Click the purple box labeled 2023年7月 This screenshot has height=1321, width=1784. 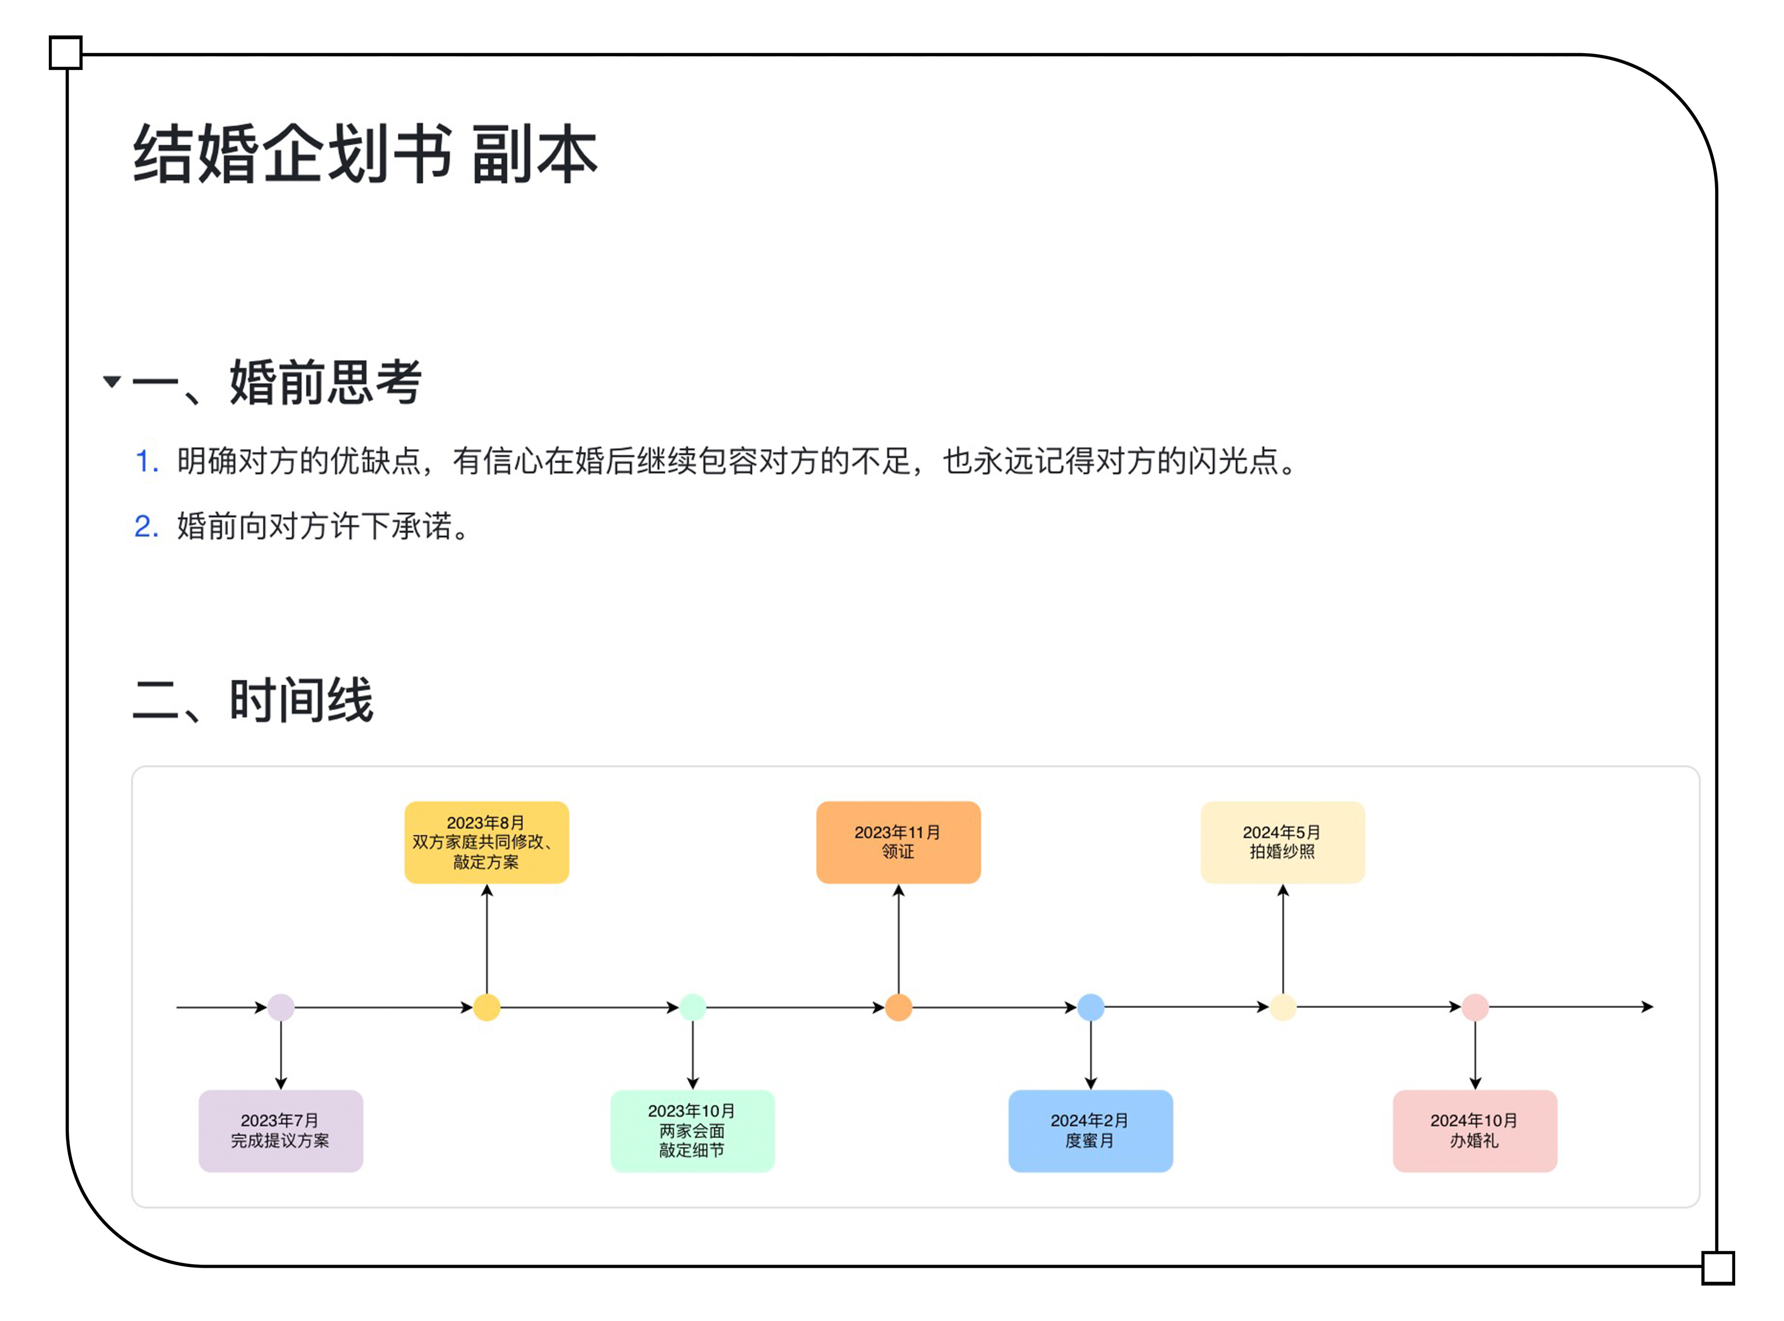[x=281, y=1131]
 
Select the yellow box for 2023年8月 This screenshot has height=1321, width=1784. [x=487, y=842]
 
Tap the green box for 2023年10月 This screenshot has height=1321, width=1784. [x=692, y=1131]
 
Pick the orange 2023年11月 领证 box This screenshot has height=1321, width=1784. [x=899, y=842]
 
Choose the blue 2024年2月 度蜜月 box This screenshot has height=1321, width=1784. [x=1090, y=1131]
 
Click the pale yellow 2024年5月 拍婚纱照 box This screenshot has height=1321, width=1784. [x=1283, y=842]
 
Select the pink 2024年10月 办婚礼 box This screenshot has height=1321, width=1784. [x=1475, y=1131]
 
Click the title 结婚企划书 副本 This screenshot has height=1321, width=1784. [x=365, y=153]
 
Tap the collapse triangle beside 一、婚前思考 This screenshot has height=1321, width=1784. [x=112, y=382]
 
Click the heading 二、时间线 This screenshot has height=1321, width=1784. [x=253, y=700]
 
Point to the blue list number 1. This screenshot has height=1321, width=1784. [x=146, y=461]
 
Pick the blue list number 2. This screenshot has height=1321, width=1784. [x=146, y=526]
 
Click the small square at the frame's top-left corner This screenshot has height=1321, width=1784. [x=66, y=53]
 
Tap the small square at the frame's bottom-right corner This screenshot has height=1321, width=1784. [x=1718, y=1267]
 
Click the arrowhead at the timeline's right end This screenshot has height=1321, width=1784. [x=1647, y=1007]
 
